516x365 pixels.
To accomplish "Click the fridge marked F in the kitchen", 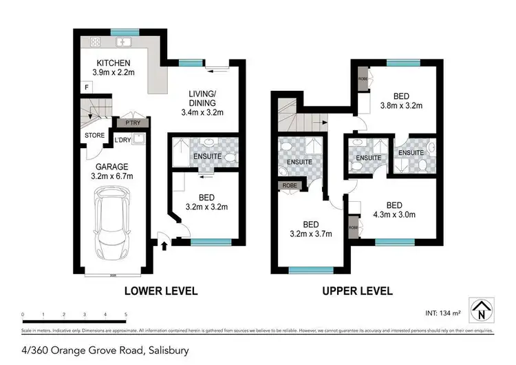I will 86,87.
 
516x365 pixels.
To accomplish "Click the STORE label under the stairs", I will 94,135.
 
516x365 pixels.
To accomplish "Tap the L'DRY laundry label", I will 122,140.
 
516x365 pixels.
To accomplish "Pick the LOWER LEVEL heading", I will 160,291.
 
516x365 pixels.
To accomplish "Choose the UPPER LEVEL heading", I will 357,291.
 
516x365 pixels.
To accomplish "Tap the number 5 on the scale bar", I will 126,315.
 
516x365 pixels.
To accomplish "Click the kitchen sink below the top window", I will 124,43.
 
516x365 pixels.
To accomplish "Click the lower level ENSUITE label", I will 207,156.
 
